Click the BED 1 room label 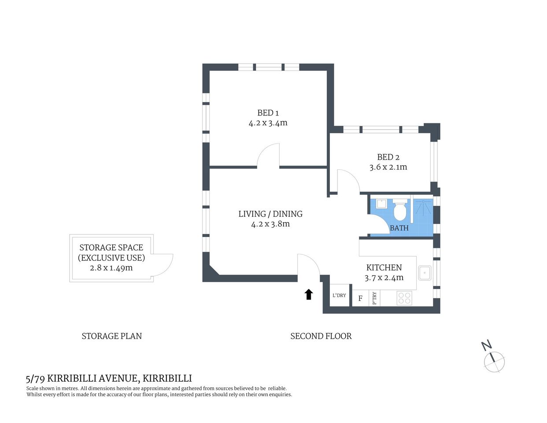[x=268, y=113]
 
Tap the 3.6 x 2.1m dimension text [x=388, y=167]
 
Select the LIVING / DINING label [x=270, y=214]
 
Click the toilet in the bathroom [x=400, y=211]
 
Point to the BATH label [x=399, y=228]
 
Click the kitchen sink [x=424, y=273]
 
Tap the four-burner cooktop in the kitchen [x=404, y=298]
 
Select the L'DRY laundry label [x=339, y=295]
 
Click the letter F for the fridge [x=360, y=298]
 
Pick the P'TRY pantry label [x=374, y=298]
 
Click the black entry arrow [x=309, y=294]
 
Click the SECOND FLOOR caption [x=321, y=336]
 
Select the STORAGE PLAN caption [x=111, y=336]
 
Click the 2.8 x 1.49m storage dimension [x=111, y=268]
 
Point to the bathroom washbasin [x=381, y=204]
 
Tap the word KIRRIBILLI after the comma [x=167, y=378]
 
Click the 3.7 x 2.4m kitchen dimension [x=384, y=278]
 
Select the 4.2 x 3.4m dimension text [x=268, y=123]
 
